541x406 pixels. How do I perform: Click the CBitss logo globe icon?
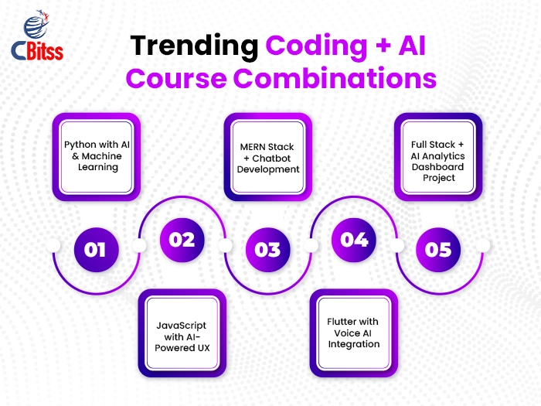(x=36, y=25)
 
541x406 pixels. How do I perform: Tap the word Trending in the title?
(x=194, y=46)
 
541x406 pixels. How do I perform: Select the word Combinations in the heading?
(x=335, y=78)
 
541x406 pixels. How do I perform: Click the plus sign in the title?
(x=383, y=46)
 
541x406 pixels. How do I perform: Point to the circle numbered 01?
(x=97, y=250)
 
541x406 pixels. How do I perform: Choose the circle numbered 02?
(x=182, y=240)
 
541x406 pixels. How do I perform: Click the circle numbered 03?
(x=267, y=250)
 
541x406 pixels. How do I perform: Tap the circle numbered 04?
(x=354, y=240)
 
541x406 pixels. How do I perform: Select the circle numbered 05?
(x=438, y=250)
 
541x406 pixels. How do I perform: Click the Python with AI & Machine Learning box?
(x=97, y=157)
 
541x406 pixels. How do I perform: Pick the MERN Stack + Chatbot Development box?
(x=267, y=157)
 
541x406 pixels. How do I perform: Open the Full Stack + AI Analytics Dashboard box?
(x=438, y=157)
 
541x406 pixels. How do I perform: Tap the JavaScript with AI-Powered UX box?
(x=182, y=333)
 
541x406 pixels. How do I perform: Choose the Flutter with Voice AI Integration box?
(x=354, y=333)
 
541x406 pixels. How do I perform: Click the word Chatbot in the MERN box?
(x=271, y=159)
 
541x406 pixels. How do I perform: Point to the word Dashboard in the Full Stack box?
(x=438, y=167)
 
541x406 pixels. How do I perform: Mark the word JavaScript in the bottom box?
(x=182, y=326)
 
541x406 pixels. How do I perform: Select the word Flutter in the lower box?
(x=340, y=322)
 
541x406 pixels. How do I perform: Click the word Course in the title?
(x=176, y=78)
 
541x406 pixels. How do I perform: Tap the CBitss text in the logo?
(x=37, y=51)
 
